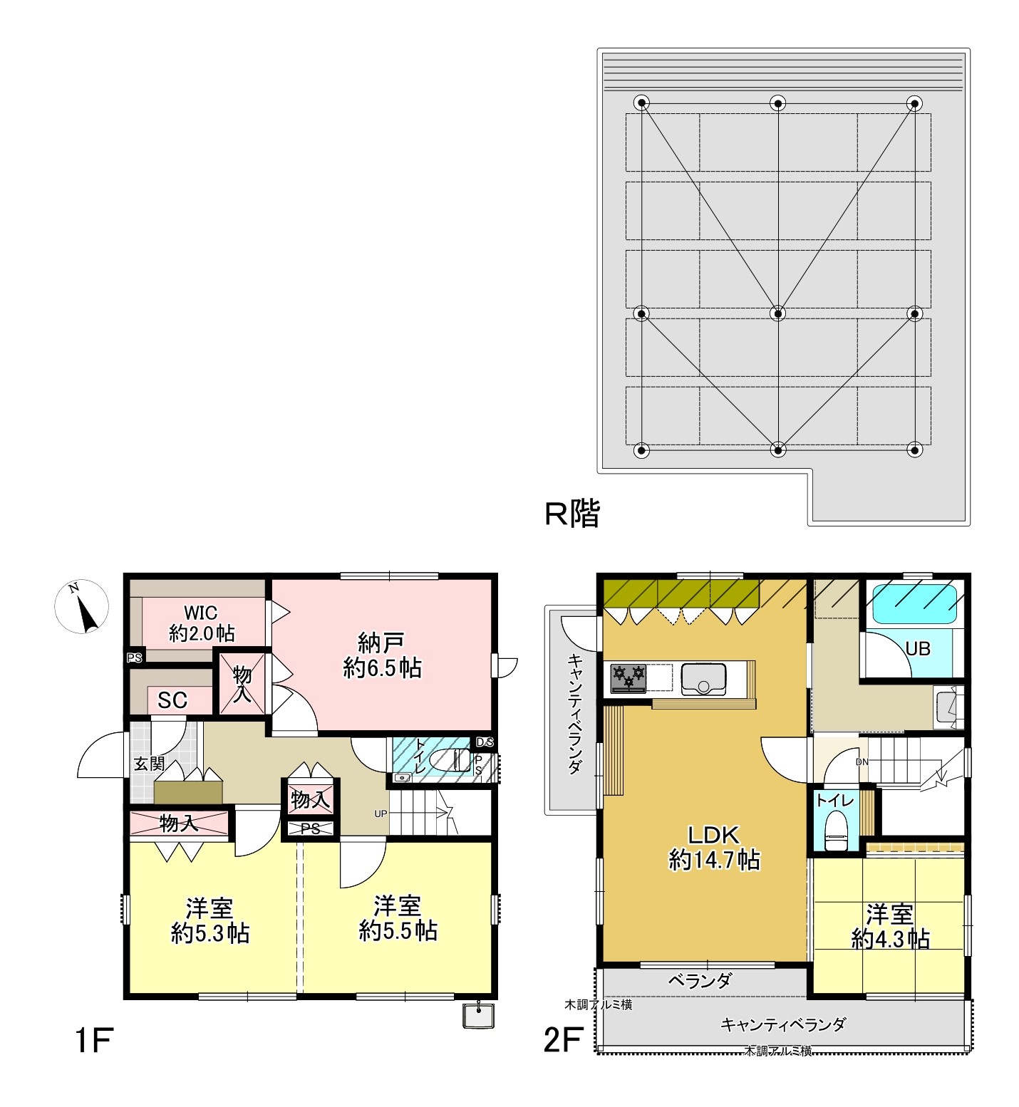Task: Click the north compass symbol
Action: pos(82,607)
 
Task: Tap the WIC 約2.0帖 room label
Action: pos(201,623)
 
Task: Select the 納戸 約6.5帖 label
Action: pos(382,655)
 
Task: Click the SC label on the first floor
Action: pos(172,700)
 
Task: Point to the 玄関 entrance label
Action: pos(150,764)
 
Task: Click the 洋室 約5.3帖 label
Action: pos(210,920)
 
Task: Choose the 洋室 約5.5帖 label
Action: pos(398,919)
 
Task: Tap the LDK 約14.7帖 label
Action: pos(714,847)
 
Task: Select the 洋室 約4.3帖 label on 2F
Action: pos(890,926)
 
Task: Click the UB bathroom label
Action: pos(918,649)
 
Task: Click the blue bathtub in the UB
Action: pos(915,605)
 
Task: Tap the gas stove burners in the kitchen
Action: pos(629,677)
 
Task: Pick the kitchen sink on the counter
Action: pos(703,679)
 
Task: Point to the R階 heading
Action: pos(572,513)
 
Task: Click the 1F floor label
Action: pos(93,1041)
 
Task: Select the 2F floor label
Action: pos(563,1041)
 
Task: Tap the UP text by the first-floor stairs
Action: pos(381,814)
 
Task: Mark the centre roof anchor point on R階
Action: pos(778,313)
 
